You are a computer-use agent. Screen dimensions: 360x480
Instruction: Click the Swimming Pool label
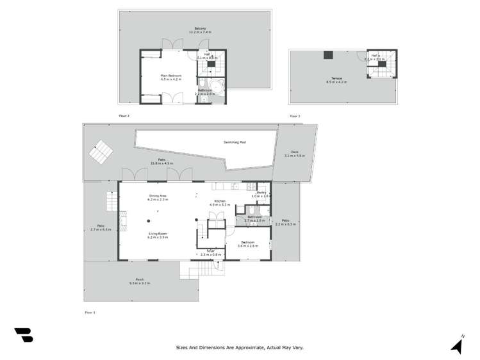(x=235, y=142)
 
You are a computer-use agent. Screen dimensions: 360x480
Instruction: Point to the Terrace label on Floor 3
(x=336, y=79)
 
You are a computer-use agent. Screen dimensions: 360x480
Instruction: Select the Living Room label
(x=158, y=234)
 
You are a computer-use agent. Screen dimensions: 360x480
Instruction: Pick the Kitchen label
(x=220, y=201)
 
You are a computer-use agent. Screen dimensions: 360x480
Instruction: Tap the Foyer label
(x=210, y=251)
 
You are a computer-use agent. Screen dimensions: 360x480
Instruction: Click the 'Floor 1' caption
(x=90, y=312)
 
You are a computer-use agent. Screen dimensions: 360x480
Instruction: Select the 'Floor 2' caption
(x=124, y=116)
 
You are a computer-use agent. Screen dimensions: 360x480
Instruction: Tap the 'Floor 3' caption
(x=295, y=116)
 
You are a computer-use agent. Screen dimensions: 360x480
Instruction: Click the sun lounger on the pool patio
(x=99, y=152)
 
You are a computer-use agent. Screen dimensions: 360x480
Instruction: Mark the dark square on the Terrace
(x=328, y=55)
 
